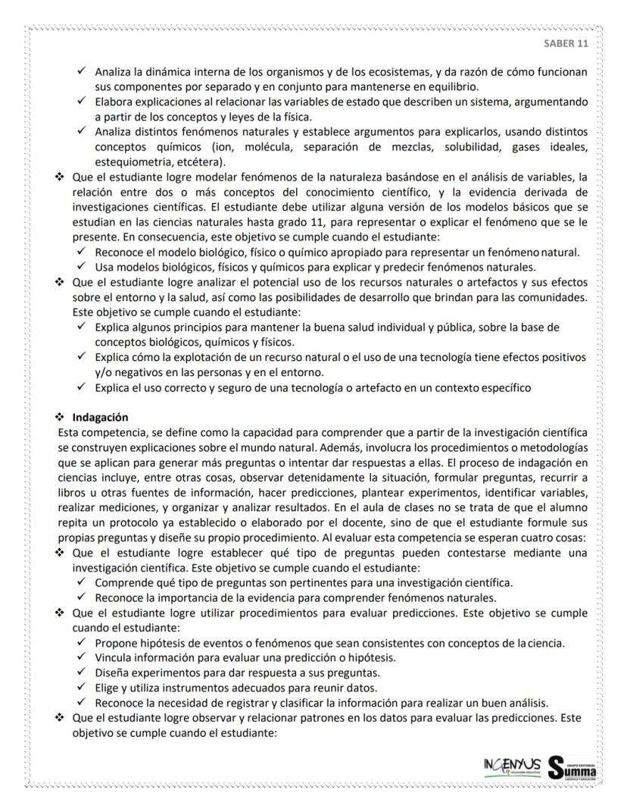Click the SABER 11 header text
(566, 43)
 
